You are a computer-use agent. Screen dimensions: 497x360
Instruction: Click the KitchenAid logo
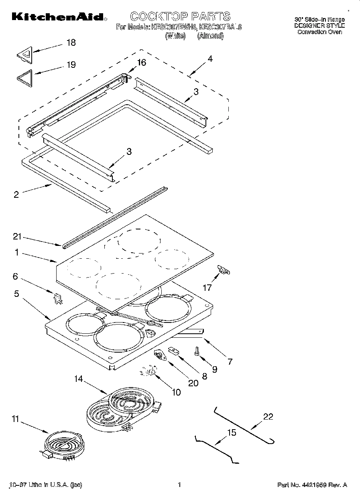click(x=59, y=17)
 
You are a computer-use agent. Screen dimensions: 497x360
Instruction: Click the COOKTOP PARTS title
click(x=180, y=16)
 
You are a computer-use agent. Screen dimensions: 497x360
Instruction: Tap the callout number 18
click(x=71, y=43)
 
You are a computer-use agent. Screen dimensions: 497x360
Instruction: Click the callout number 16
click(x=141, y=63)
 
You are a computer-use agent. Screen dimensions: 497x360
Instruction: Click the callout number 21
click(x=16, y=237)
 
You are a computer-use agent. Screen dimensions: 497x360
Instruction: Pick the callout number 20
click(x=193, y=383)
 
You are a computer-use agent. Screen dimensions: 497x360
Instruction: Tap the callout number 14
click(x=79, y=378)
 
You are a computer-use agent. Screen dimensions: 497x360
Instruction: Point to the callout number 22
click(x=268, y=417)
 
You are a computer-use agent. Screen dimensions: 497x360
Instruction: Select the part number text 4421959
click(x=316, y=485)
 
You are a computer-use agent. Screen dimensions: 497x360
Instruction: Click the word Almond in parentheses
click(x=210, y=36)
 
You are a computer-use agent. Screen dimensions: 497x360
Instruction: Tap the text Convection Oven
click(x=319, y=32)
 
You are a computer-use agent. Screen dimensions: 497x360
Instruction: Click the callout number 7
click(x=230, y=361)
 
